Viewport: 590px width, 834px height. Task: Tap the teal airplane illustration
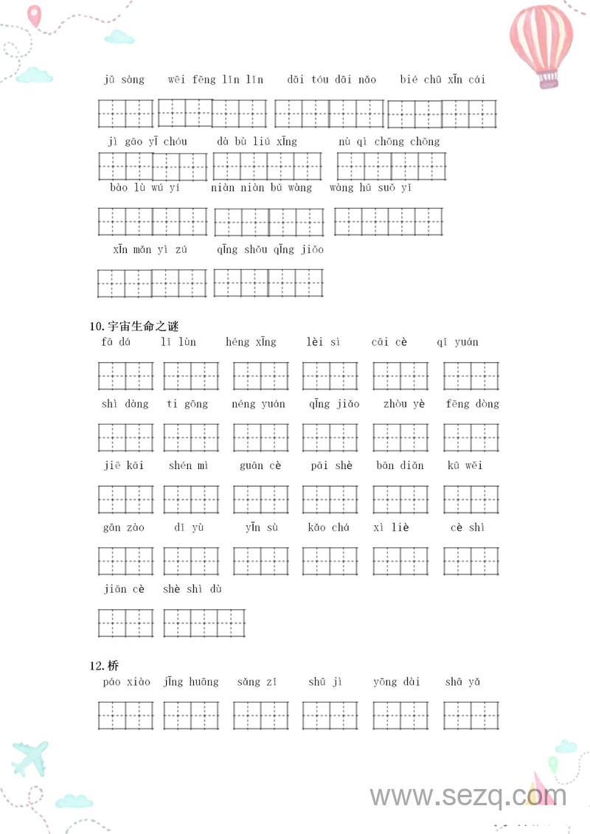(29, 757)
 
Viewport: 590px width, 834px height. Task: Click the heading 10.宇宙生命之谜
(134, 326)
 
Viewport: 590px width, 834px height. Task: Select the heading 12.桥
(105, 666)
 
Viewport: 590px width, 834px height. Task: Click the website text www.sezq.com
(468, 796)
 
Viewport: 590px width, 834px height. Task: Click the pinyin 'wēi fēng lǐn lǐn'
(215, 80)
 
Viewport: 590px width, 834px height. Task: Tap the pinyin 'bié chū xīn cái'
(442, 80)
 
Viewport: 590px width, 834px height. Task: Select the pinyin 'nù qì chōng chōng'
(389, 142)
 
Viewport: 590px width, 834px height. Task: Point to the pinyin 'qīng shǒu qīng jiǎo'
(270, 250)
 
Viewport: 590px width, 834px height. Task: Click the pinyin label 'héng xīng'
(251, 342)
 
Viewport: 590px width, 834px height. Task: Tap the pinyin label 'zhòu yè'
(404, 404)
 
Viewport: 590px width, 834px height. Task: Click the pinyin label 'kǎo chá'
(329, 528)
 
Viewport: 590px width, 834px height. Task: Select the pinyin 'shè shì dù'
(192, 589)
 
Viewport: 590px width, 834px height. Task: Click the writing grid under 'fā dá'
(125, 376)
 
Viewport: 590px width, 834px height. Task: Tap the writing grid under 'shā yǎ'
(471, 715)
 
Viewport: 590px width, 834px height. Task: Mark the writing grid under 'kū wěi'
(471, 499)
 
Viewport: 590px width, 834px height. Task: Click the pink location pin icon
(34, 15)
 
